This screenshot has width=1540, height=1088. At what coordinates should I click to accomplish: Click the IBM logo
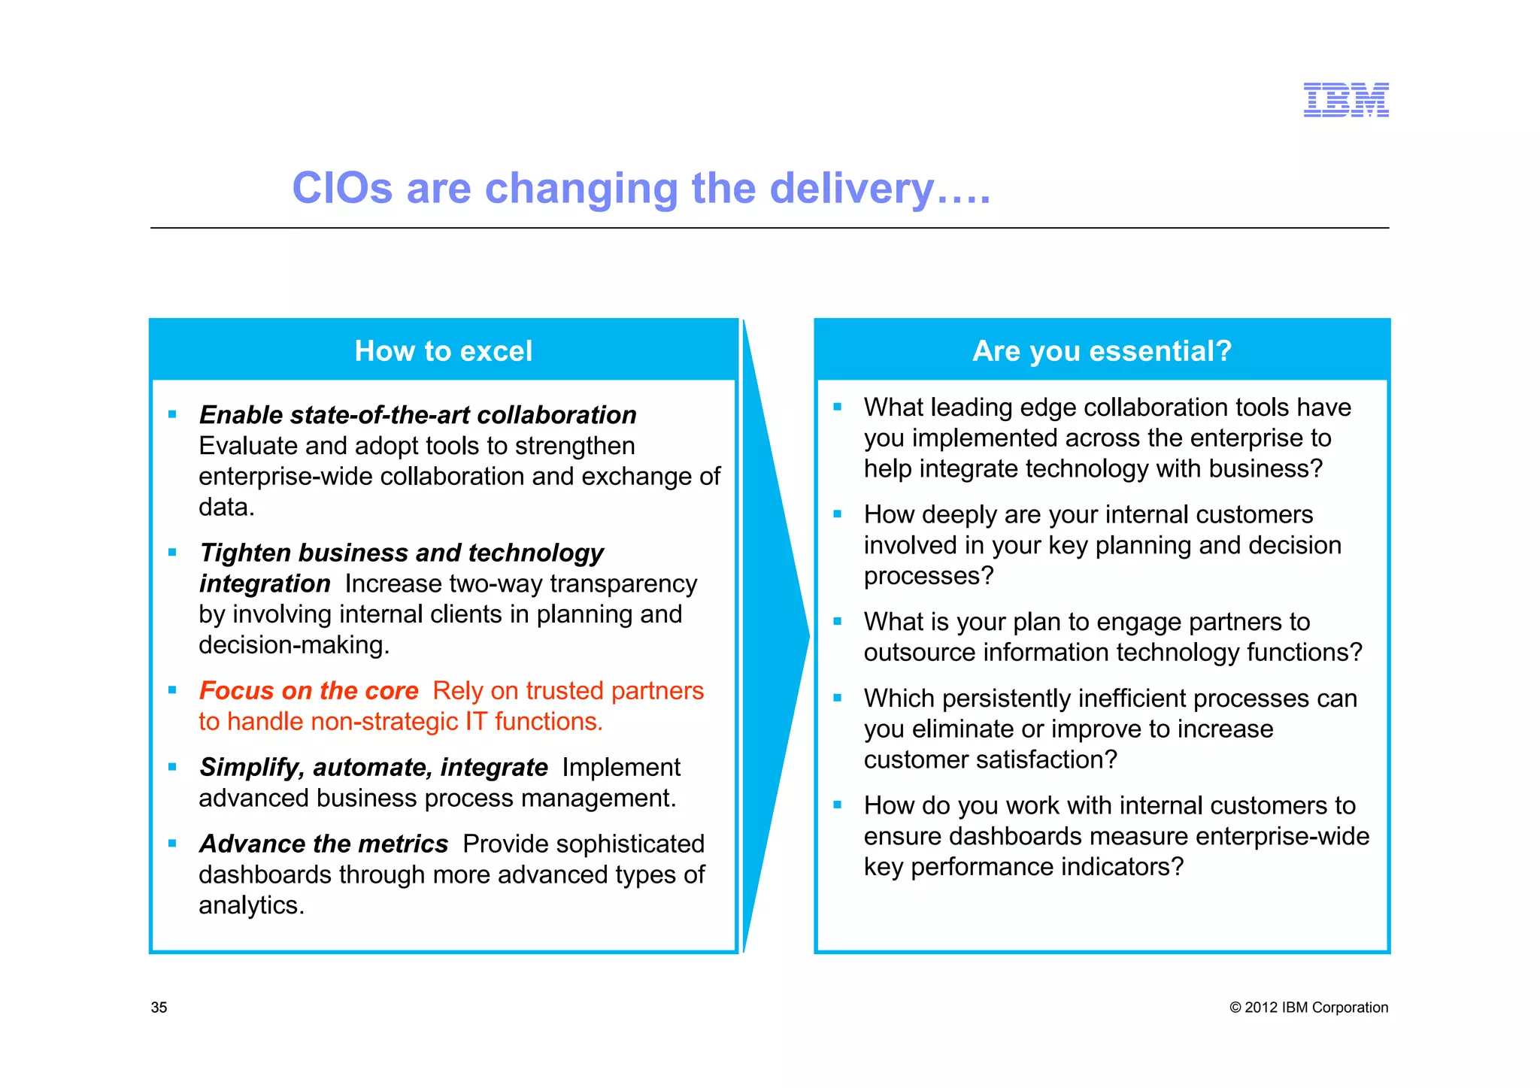(x=1345, y=100)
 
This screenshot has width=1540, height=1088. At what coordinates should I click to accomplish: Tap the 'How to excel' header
(x=443, y=351)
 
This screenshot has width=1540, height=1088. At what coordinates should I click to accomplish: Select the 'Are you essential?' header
(x=1102, y=351)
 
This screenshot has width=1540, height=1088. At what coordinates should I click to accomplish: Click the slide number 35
(x=159, y=1008)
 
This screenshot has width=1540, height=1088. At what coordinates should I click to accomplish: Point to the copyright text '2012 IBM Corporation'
(x=1315, y=1008)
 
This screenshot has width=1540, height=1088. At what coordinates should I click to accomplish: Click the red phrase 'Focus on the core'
(x=308, y=690)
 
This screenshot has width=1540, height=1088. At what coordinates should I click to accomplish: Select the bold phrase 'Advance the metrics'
(x=323, y=844)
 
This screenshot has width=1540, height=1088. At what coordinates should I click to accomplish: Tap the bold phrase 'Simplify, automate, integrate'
(x=373, y=767)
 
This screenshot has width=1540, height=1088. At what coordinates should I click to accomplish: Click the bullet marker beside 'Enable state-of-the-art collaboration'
(x=172, y=414)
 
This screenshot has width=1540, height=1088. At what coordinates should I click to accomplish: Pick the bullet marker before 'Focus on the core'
(x=172, y=690)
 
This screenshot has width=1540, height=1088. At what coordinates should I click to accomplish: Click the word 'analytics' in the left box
(x=250, y=905)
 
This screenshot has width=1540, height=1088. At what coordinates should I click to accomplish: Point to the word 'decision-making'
(x=293, y=645)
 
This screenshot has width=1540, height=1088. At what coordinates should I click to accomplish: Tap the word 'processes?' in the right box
(x=928, y=576)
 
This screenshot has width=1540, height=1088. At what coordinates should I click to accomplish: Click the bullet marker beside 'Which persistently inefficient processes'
(x=838, y=698)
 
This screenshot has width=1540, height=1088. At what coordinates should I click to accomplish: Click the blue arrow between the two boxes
(x=775, y=636)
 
